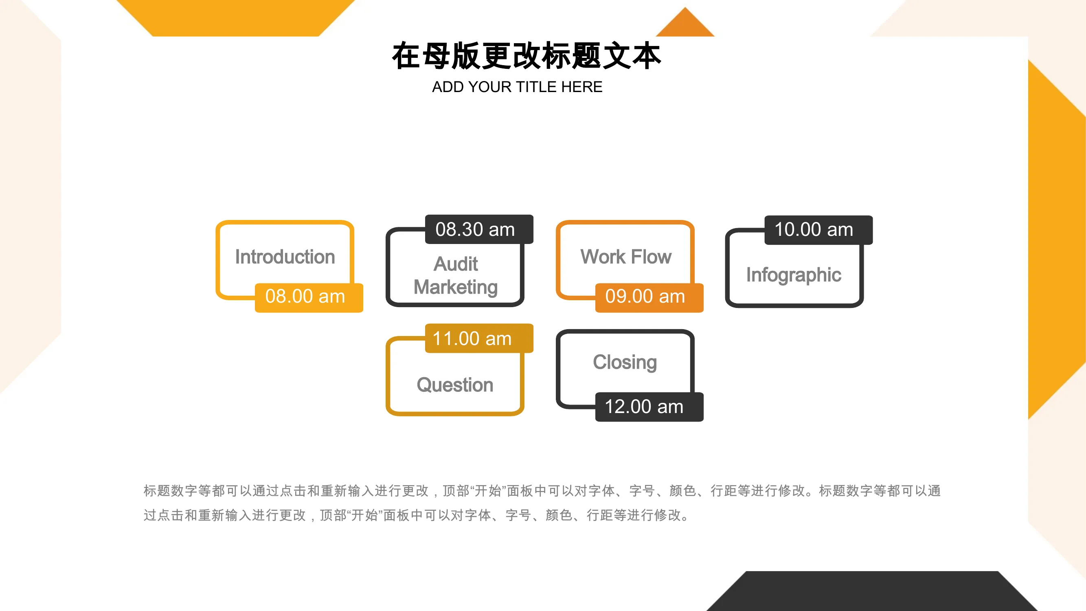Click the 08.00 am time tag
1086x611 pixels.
[x=309, y=298]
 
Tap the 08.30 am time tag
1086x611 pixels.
[x=479, y=229]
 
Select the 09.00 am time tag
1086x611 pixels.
[x=649, y=298]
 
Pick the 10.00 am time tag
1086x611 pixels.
[x=819, y=230]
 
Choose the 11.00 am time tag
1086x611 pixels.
[x=479, y=338]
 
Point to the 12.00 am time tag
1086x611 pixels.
[x=649, y=407]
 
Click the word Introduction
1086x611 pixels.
[x=285, y=257]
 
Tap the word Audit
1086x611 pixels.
[x=456, y=264]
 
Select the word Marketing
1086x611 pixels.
[x=456, y=288]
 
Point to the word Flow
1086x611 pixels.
[x=652, y=257]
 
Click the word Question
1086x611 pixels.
[x=455, y=385]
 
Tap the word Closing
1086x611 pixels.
[x=625, y=363]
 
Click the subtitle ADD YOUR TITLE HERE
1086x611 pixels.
[x=517, y=87]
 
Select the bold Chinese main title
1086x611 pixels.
[x=527, y=56]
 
